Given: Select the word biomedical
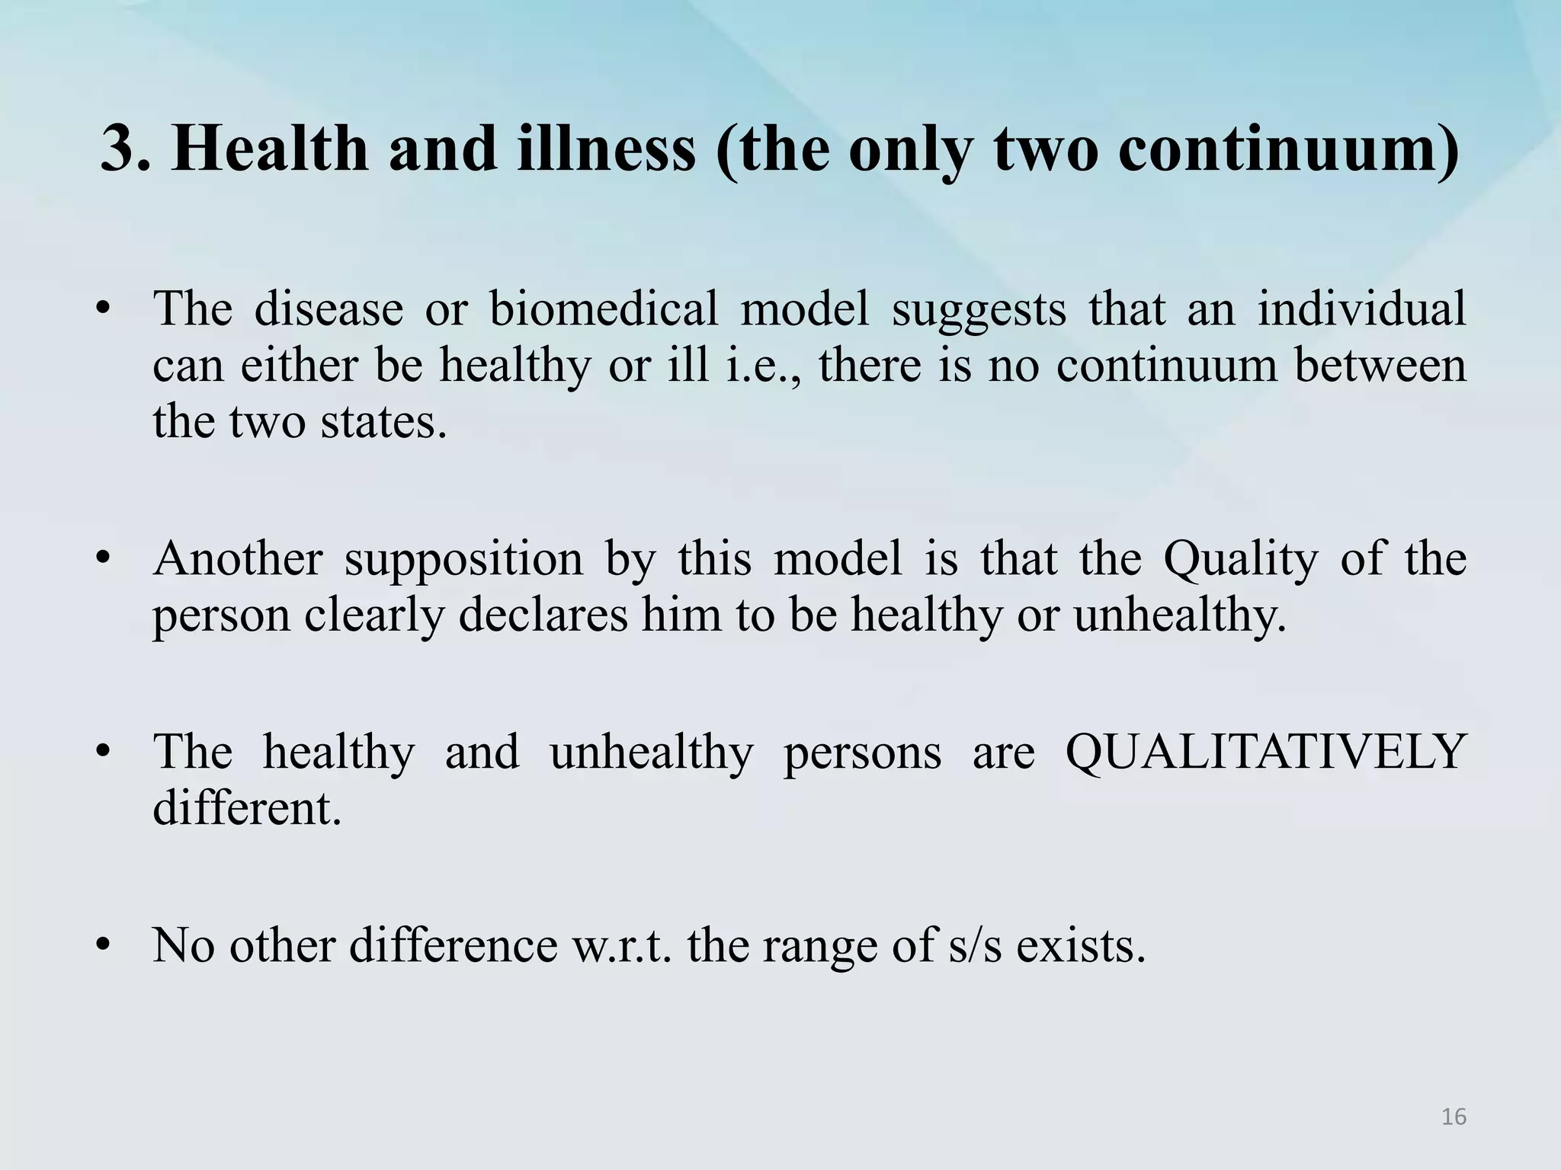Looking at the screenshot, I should click(603, 309).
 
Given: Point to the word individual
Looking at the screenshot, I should click(1361, 309).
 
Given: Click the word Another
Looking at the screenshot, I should click(238, 558).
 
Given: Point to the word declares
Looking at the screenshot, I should click(543, 615).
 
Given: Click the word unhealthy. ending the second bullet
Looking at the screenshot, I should click(1180, 615).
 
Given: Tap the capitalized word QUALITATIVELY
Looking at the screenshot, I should click(1265, 753).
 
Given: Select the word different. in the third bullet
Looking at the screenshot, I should click(247, 808).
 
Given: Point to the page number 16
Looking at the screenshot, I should click(1454, 1117).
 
